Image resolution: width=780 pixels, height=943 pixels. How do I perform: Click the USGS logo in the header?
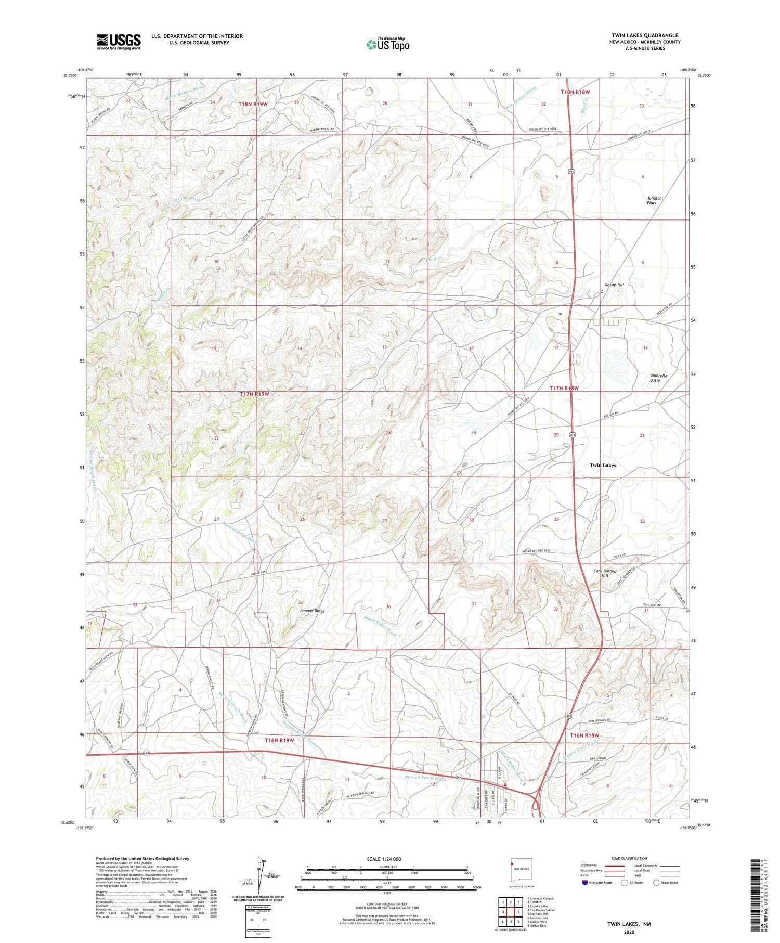pos(119,42)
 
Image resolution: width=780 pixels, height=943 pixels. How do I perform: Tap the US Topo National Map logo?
pos(387,44)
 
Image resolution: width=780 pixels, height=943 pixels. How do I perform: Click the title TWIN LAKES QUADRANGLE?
pos(645,35)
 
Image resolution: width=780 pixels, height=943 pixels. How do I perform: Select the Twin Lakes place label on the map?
pos(603,466)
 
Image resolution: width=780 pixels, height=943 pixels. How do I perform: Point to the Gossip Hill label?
pos(614,285)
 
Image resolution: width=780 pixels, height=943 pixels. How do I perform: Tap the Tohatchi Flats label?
pos(652,200)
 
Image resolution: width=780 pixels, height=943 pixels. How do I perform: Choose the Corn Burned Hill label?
pos(605,573)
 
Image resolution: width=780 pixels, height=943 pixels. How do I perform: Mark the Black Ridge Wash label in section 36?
pos(380,628)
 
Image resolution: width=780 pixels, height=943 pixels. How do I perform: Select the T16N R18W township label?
pos(584,735)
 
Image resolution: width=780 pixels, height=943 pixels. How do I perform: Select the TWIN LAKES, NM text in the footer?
pos(629,924)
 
